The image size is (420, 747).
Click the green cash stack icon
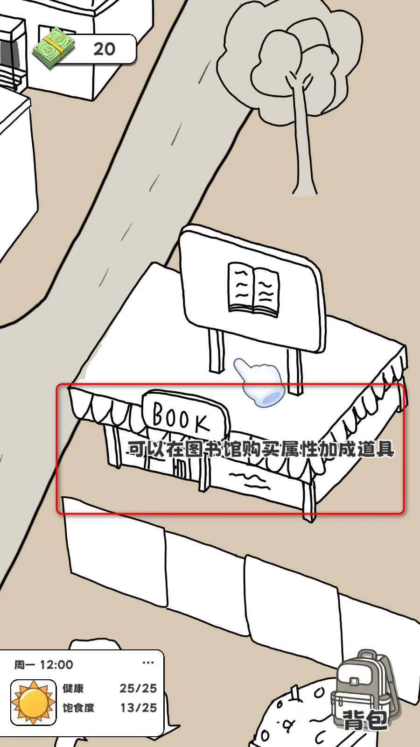tap(54, 49)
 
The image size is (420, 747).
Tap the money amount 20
tap(105, 49)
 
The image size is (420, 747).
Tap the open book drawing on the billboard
tap(253, 289)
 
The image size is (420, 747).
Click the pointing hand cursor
tap(259, 382)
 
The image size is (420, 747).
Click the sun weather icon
tap(33, 702)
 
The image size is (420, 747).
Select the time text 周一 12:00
tap(44, 665)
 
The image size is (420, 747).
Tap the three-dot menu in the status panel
tap(148, 662)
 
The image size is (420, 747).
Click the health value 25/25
tap(138, 688)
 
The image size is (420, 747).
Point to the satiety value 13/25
tap(138, 708)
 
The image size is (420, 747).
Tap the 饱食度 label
tap(79, 708)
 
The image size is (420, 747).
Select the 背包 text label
tap(365, 719)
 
